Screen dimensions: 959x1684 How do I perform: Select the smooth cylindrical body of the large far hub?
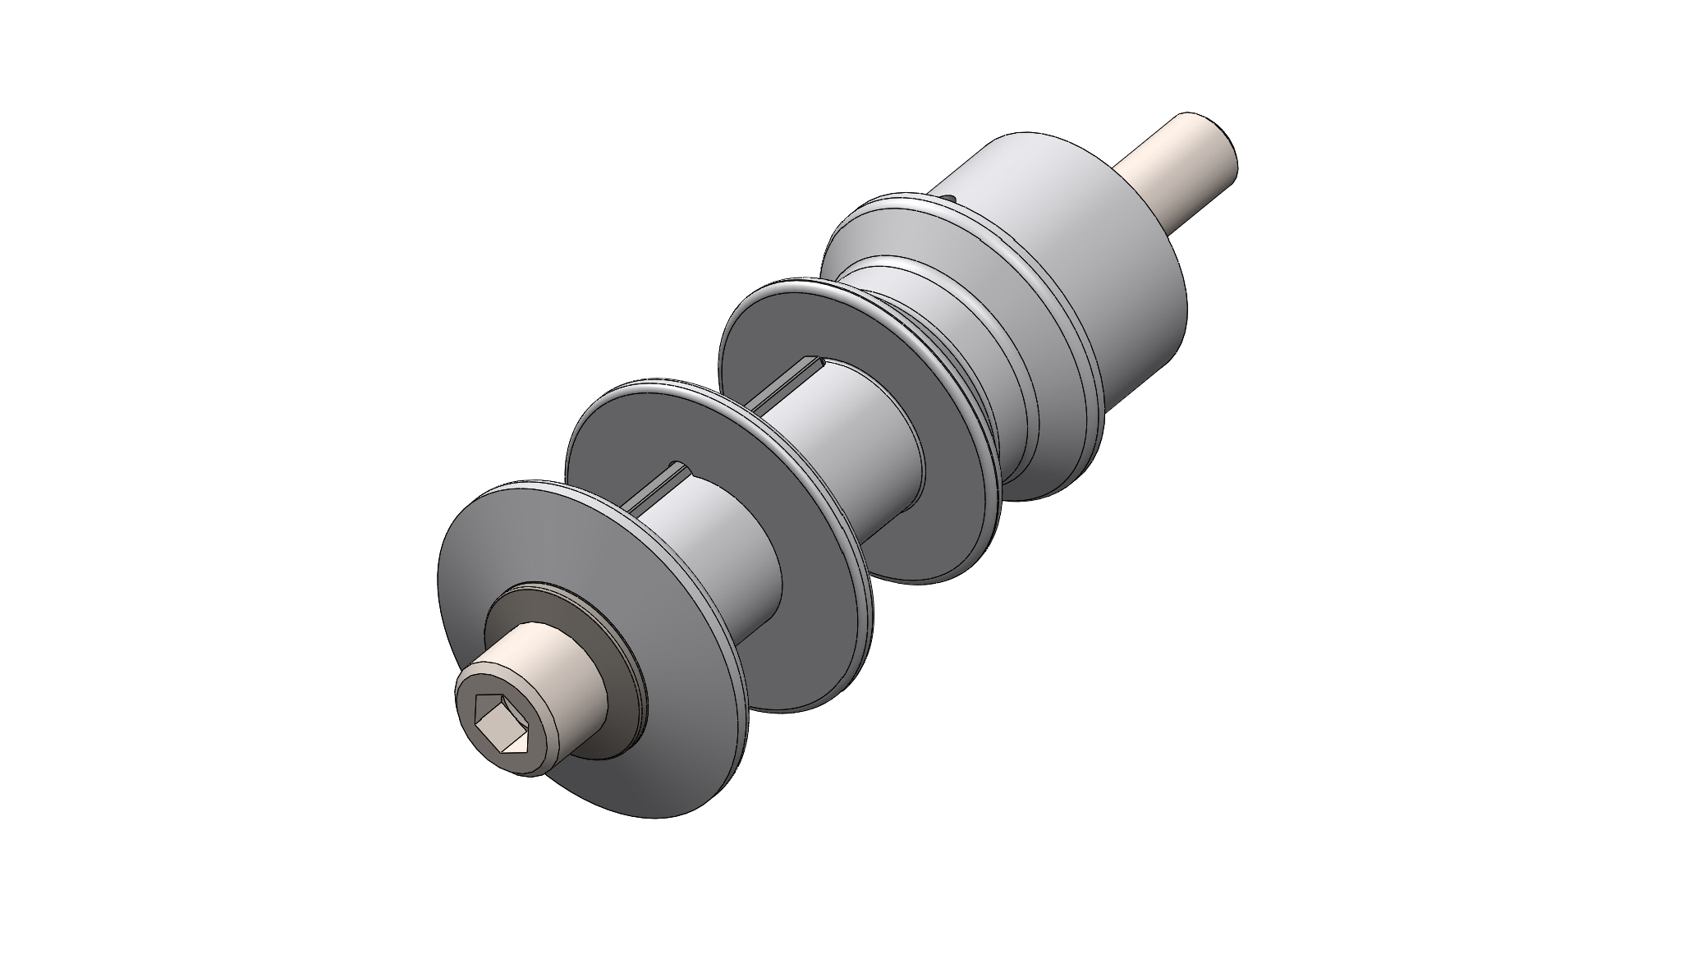click(1092, 246)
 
